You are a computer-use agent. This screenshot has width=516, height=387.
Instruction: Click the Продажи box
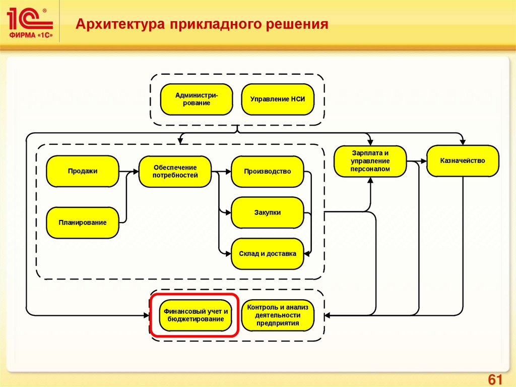coord(83,171)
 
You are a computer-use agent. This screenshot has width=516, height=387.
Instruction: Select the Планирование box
coord(83,222)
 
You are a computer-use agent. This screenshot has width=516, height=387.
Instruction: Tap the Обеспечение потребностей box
coord(175,171)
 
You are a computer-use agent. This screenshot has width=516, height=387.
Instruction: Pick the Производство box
coord(267,171)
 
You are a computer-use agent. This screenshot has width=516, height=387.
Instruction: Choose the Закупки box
coord(267,212)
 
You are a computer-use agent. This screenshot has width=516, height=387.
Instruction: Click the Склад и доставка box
coord(267,254)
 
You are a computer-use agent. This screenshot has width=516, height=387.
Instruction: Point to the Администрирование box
coord(197,99)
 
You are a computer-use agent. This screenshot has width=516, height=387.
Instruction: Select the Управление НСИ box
coord(278,99)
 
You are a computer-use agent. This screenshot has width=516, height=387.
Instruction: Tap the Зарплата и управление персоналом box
coord(370,161)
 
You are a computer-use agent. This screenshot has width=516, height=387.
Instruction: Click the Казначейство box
coord(462,161)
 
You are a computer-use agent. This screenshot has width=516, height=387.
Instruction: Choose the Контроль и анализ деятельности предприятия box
coord(277,315)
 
